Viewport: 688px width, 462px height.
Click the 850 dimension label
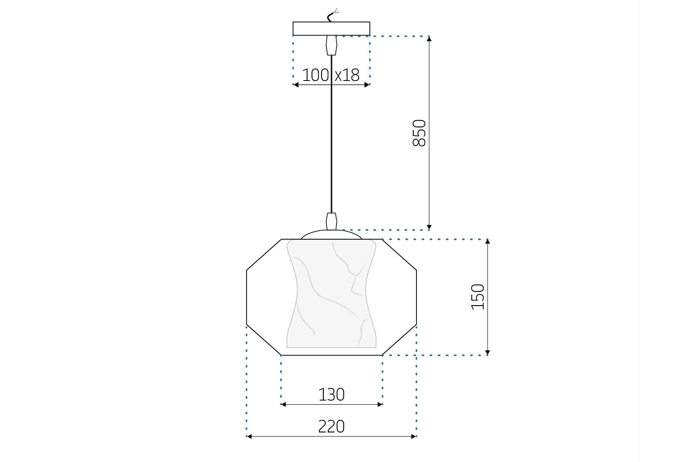tap(419, 133)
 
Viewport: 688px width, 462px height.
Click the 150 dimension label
tap(478, 296)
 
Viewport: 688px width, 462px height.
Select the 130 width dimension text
tap(332, 394)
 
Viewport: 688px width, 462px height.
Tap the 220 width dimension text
tap(332, 427)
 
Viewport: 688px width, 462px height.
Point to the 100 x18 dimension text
tap(331, 75)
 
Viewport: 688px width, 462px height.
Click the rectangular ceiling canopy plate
tap(331, 29)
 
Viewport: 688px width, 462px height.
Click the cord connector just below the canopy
tap(332, 45)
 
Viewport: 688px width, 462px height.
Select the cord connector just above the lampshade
tap(332, 221)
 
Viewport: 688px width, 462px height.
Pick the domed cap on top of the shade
tap(332, 235)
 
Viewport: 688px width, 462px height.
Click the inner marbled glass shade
tap(332, 296)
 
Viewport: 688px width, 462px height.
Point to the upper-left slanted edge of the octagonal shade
tap(264, 255)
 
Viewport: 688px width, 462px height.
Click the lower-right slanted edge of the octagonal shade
tap(400, 340)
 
